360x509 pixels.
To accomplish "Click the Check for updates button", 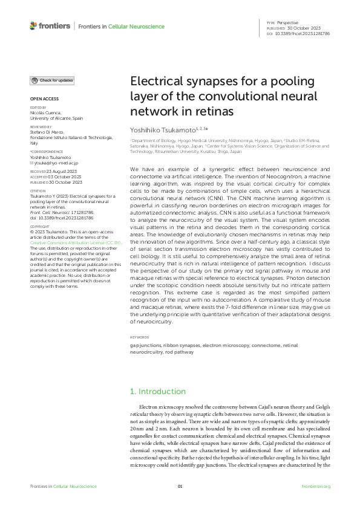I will [x=53, y=80].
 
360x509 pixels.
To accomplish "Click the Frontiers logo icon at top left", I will [x=33, y=25].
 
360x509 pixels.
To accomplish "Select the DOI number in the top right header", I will [x=303, y=34].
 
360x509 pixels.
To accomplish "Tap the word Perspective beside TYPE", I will [x=288, y=22].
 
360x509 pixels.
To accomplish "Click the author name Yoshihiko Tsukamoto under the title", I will [x=164, y=129].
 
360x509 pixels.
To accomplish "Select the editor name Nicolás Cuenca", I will [x=48, y=113].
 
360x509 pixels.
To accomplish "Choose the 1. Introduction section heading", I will [x=159, y=391].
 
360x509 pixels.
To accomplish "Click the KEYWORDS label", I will [x=139, y=337].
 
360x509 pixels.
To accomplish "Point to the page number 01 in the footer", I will [x=180, y=487].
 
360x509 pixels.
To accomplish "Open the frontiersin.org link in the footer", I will [x=316, y=487].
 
